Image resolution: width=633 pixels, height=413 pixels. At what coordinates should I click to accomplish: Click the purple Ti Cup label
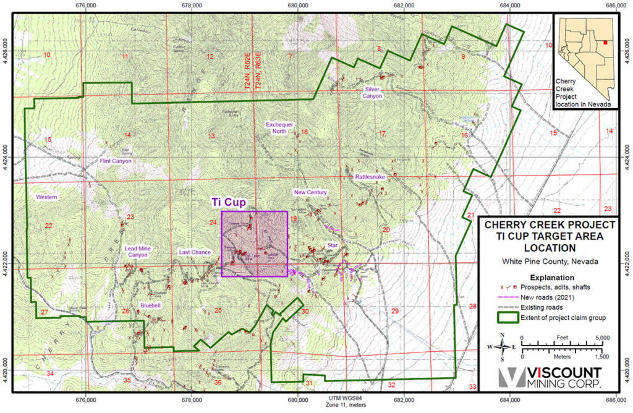pos(229,202)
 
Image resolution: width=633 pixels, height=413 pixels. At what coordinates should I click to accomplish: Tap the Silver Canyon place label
pos(372,93)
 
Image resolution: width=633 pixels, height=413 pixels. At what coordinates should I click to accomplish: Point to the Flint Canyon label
pos(116,161)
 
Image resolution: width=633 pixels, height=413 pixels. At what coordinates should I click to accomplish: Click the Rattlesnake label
pos(370,177)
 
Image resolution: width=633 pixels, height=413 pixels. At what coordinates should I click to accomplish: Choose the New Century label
pos(310,192)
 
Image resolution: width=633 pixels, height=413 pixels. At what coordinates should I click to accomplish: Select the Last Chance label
pos(195,252)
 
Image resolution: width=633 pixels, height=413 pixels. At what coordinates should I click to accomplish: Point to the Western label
pos(46,197)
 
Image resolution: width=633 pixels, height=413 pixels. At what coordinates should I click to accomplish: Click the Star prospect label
pos(333,246)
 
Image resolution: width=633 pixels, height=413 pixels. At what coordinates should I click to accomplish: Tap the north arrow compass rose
pos(503,346)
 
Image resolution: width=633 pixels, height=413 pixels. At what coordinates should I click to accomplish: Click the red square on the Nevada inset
pos(605,26)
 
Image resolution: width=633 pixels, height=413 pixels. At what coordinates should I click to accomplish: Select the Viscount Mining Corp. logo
pos(550,378)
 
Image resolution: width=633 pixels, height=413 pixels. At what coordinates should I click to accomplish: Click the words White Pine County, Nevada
pos(546,262)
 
